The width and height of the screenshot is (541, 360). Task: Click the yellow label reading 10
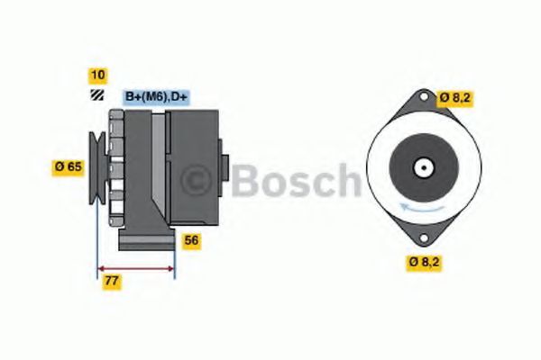click(x=96, y=75)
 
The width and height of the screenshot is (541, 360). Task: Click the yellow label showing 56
click(x=191, y=240)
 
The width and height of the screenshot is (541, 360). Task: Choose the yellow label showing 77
click(x=112, y=281)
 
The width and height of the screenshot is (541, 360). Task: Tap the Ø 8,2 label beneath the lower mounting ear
click(x=425, y=262)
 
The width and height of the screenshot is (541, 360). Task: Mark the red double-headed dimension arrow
click(x=135, y=268)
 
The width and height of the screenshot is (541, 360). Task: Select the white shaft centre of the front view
click(x=421, y=167)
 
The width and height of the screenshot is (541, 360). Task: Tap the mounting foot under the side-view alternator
click(x=147, y=240)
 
